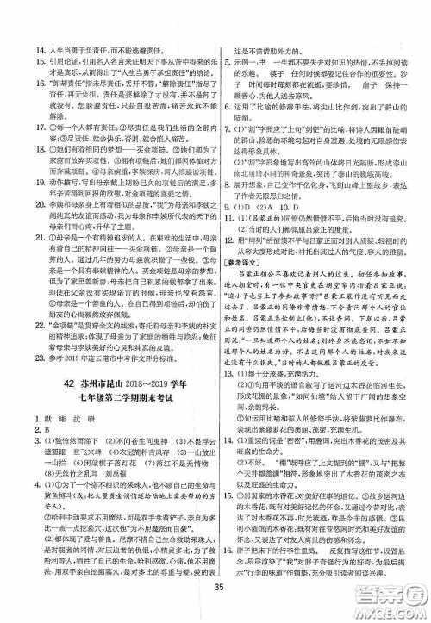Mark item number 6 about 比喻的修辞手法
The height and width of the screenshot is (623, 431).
pos(234,84)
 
